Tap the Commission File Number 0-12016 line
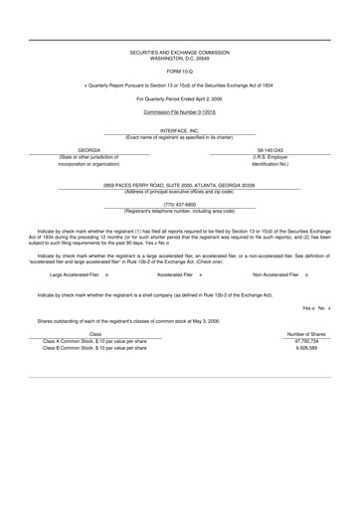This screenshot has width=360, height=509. [180, 113]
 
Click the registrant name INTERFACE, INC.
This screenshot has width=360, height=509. [180, 130]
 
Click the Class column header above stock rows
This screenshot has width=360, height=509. [95, 334]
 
